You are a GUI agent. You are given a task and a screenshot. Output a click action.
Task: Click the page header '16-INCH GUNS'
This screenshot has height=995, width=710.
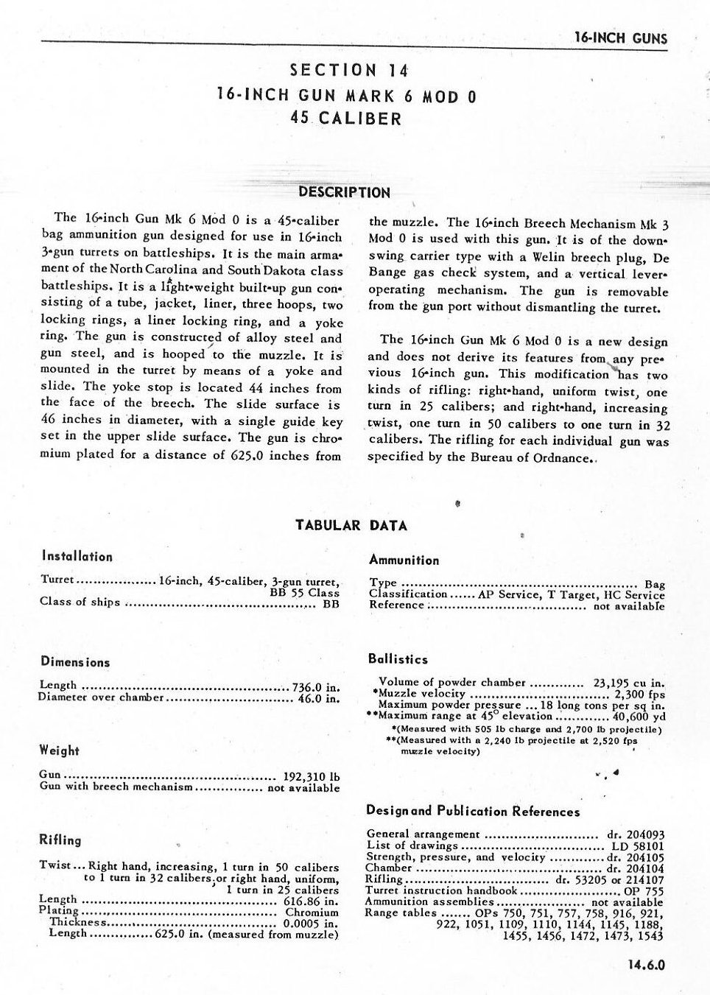click(x=620, y=38)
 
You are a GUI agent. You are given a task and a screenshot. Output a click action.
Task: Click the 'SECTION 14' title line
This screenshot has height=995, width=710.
click(x=349, y=71)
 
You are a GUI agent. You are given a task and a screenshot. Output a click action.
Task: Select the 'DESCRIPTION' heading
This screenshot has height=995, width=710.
click(x=344, y=193)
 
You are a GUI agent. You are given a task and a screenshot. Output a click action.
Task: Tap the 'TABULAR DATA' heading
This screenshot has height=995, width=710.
click(x=351, y=525)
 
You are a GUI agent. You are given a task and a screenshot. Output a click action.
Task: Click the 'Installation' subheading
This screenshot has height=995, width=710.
click(x=77, y=557)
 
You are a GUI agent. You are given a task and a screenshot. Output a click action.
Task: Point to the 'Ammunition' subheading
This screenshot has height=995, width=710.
click(x=404, y=560)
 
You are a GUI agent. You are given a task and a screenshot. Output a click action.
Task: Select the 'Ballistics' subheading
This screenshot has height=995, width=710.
click(x=398, y=660)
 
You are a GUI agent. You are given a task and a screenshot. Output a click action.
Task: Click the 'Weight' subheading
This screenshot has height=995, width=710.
click(x=59, y=750)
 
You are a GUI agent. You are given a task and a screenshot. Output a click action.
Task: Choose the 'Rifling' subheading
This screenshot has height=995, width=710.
click(x=60, y=840)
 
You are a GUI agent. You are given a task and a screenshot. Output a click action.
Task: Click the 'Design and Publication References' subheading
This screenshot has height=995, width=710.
click(x=473, y=812)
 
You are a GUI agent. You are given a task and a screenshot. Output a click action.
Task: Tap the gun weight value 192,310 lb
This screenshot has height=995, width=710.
click(x=312, y=776)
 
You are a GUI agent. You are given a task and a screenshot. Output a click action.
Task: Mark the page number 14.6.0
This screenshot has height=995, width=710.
click(x=647, y=965)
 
